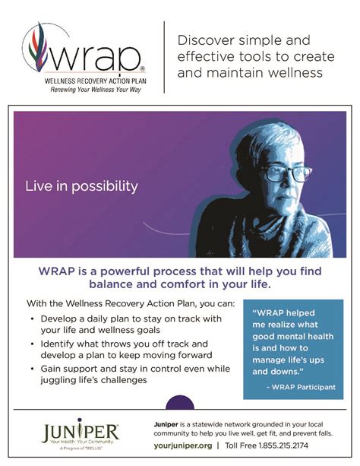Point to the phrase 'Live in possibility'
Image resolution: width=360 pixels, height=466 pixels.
pyautogui.click(x=82, y=185)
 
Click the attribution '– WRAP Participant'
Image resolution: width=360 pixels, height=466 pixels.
pyautogui.click(x=302, y=387)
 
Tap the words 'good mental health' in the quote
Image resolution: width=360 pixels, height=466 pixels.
pyautogui.click(x=292, y=340)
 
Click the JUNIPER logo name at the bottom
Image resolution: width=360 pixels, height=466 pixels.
pyautogui.click(x=81, y=432)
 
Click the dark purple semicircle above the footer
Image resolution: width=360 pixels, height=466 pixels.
pyautogui.click(x=179, y=403)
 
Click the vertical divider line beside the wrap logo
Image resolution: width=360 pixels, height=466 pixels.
pyautogui.click(x=164, y=58)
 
